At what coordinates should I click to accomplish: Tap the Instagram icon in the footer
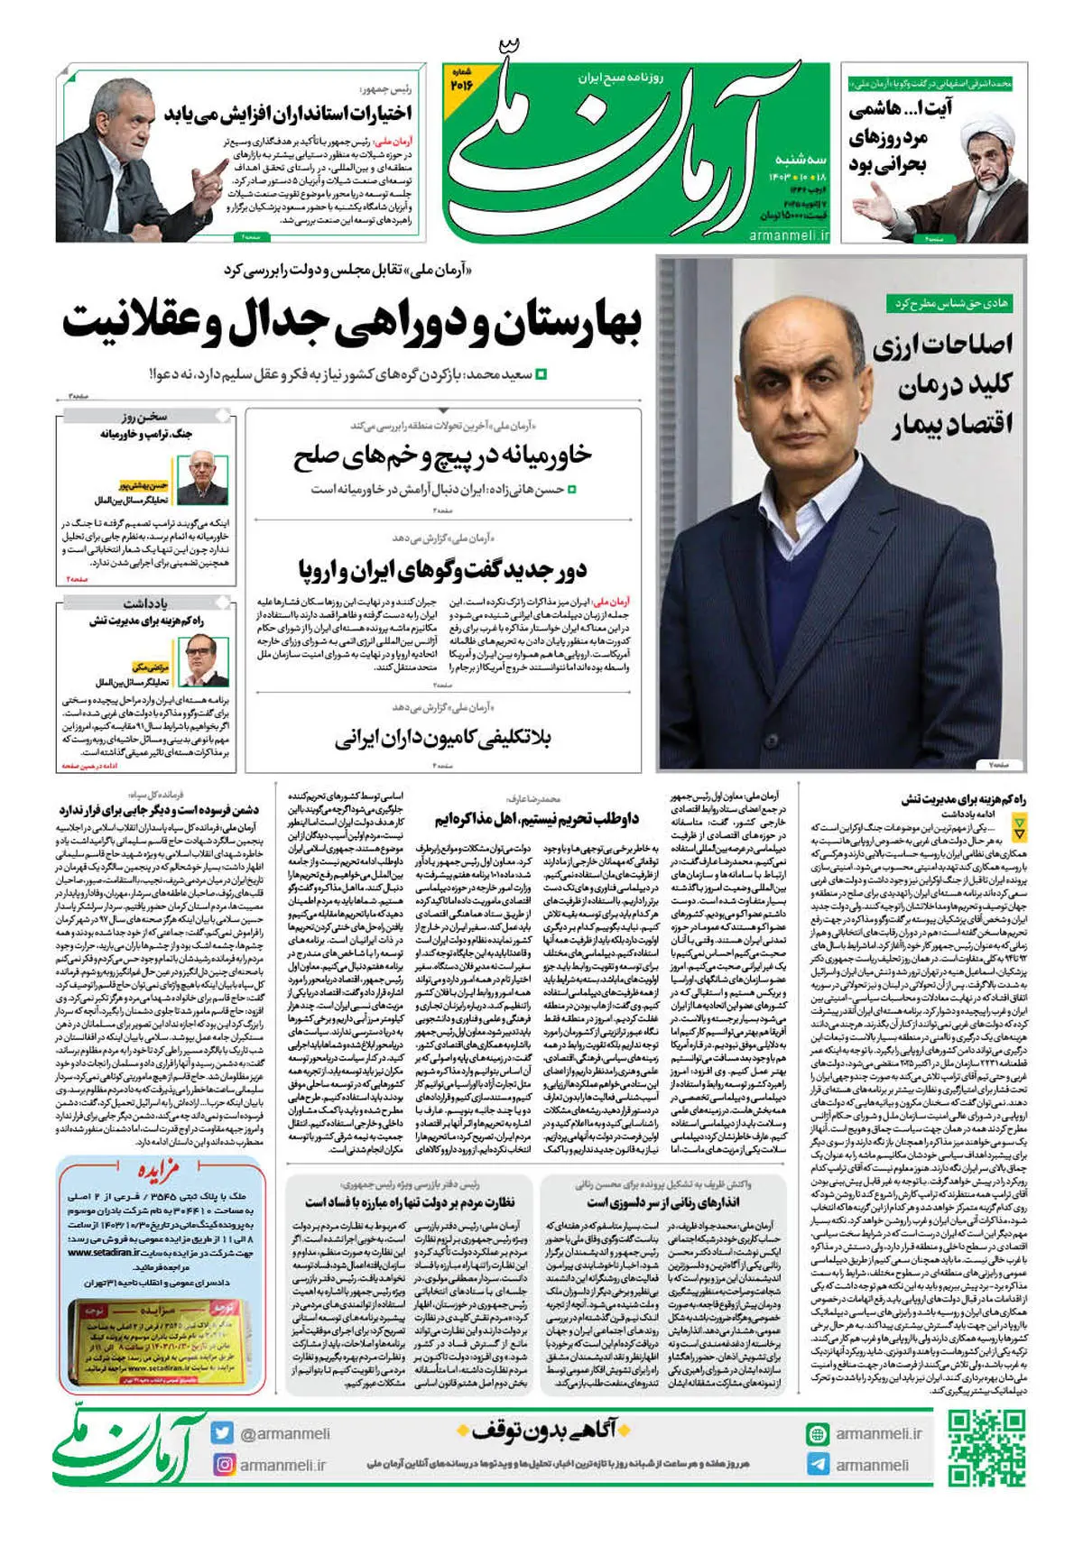(x=224, y=1465)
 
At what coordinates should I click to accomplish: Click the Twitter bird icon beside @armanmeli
(x=224, y=1433)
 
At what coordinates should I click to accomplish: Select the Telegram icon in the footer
(x=818, y=1465)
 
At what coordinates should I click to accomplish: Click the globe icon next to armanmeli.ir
(x=818, y=1434)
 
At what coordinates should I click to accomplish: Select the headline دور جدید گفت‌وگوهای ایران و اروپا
(x=442, y=569)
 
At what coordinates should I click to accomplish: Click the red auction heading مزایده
(x=160, y=1171)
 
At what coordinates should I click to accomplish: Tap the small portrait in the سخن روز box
(x=202, y=478)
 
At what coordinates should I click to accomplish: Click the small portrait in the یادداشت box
(x=202, y=659)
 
